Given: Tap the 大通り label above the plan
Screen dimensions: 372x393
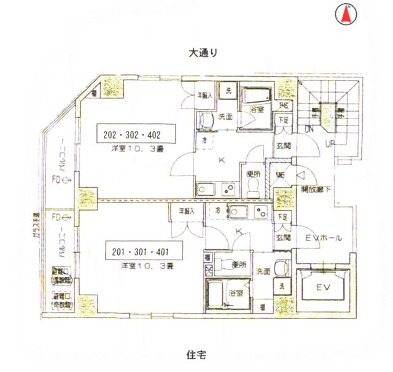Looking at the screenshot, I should click(203, 53).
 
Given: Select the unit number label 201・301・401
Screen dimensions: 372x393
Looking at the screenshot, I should click(140, 252).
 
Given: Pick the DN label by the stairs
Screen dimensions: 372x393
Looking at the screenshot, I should click(309, 130).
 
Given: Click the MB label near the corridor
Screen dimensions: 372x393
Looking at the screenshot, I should click(280, 174).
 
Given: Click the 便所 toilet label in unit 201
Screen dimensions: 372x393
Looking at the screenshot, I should click(239, 265).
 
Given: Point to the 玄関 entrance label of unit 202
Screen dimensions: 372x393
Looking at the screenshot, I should click(283, 145).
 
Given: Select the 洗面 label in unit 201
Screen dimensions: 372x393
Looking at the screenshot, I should click(263, 271).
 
